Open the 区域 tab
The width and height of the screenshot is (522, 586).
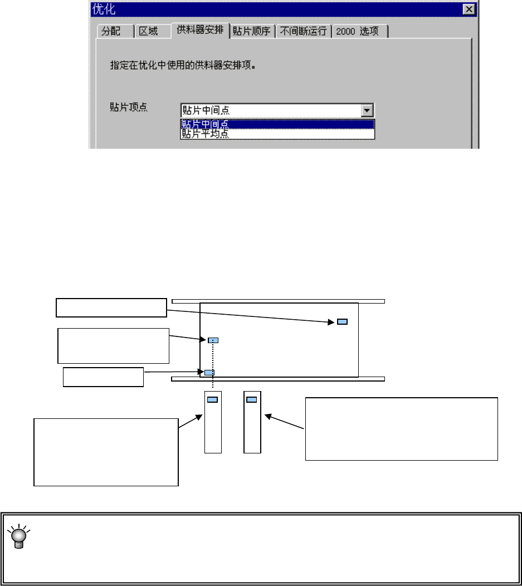149,32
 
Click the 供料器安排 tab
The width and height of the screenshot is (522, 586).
201,31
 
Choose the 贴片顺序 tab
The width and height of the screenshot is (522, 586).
252,32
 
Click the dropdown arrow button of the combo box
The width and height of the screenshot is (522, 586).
367,110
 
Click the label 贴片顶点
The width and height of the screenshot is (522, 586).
129,108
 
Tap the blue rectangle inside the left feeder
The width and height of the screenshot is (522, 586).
213,399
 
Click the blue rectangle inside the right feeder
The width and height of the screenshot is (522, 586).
252,399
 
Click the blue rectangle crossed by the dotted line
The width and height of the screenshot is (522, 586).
213,340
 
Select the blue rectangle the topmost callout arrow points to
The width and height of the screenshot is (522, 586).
342,322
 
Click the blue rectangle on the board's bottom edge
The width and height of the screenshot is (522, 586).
209,373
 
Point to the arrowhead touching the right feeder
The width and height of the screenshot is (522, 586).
267,416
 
